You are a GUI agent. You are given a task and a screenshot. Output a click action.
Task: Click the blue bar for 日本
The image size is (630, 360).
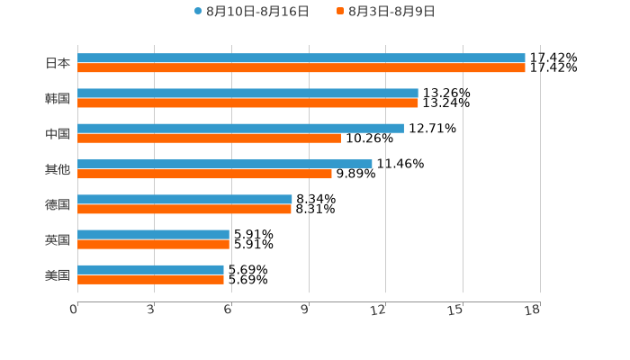pyautogui.click(x=301, y=58)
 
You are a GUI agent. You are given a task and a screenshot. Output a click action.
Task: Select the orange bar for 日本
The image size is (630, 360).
pyautogui.click(x=301, y=67)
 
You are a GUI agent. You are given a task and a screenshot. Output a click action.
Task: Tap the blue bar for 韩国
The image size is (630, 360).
pyautogui.click(x=247, y=93)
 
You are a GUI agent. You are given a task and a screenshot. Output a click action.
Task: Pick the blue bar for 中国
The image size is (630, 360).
pyautogui.click(x=240, y=128)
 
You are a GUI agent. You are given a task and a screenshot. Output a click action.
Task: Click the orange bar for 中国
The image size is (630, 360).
pyautogui.click(x=209, y=138)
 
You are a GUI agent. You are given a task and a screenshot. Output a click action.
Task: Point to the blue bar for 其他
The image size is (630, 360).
pyautogui.click(x=225, y=164)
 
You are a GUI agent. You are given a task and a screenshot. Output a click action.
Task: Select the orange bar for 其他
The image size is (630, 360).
pyautogui.click(x=204, y=174)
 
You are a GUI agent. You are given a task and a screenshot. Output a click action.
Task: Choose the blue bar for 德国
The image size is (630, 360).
pyautogui.click(x=184, y=199)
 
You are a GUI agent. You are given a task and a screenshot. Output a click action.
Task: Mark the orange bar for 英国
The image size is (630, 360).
pyautogui.click(x=153, y=244)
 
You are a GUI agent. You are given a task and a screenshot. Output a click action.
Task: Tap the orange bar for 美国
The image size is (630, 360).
pyautogui.click(x=150, y=279)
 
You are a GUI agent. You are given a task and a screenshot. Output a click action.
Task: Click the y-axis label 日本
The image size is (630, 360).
pyautogui.click(x=58, y=63)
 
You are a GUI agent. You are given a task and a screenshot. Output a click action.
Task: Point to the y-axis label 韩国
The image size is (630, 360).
pyautogui.click(x=58, y=98)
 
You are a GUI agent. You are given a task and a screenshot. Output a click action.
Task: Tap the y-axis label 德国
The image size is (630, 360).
pyautogui.click(x=58, y=204)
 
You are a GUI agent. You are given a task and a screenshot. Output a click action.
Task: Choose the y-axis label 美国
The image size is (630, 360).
pyautogui.click(x=58, y=274)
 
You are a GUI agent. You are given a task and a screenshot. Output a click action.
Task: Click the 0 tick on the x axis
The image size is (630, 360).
pyautogui.click(x=74, y=310)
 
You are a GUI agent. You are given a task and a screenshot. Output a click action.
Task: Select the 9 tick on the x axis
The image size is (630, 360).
pyautogui.click(x=305, y=310)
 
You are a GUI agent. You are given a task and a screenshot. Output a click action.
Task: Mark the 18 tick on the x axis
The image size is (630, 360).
pyautogui.click(x=533, y=310)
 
